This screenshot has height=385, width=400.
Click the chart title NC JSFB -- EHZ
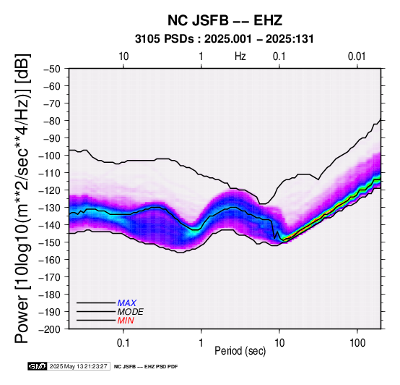(x=225, y=20)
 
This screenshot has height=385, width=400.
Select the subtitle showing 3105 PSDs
(x=225, y=39)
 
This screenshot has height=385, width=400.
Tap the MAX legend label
(x=127, y=303)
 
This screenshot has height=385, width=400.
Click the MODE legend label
(x=131, y=312)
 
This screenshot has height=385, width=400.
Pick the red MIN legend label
(x=126, y=321)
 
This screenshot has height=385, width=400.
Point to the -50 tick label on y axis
(x=52, y=69)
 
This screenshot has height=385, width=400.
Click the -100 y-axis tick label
(x=50, y=156)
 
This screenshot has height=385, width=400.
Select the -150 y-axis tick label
(x=50, y=242)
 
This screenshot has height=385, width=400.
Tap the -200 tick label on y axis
(x=50, y=329)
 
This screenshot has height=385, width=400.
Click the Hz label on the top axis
(x=240, y=56)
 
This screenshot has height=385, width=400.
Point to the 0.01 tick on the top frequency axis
(x=357, y=56)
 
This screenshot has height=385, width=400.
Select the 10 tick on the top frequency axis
(x=123, y=56)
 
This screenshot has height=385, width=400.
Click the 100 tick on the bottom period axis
(x=357, y=343)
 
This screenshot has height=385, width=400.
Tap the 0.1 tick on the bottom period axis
(x=123, y=343)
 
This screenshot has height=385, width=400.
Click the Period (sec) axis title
(x=240, y=351)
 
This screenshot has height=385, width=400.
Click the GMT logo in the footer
(x=38, y=366)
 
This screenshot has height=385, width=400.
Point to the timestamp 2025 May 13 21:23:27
(x=78, y=366)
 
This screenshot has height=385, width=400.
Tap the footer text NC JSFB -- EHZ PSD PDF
(x=146, y=367)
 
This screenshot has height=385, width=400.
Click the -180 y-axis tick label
(x=50, y=295)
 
